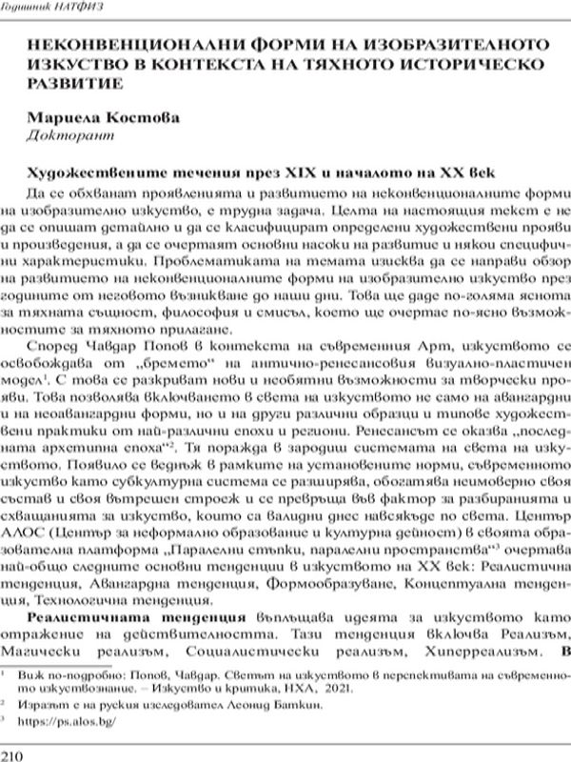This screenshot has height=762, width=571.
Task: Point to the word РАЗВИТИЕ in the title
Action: tap(75, 82)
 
